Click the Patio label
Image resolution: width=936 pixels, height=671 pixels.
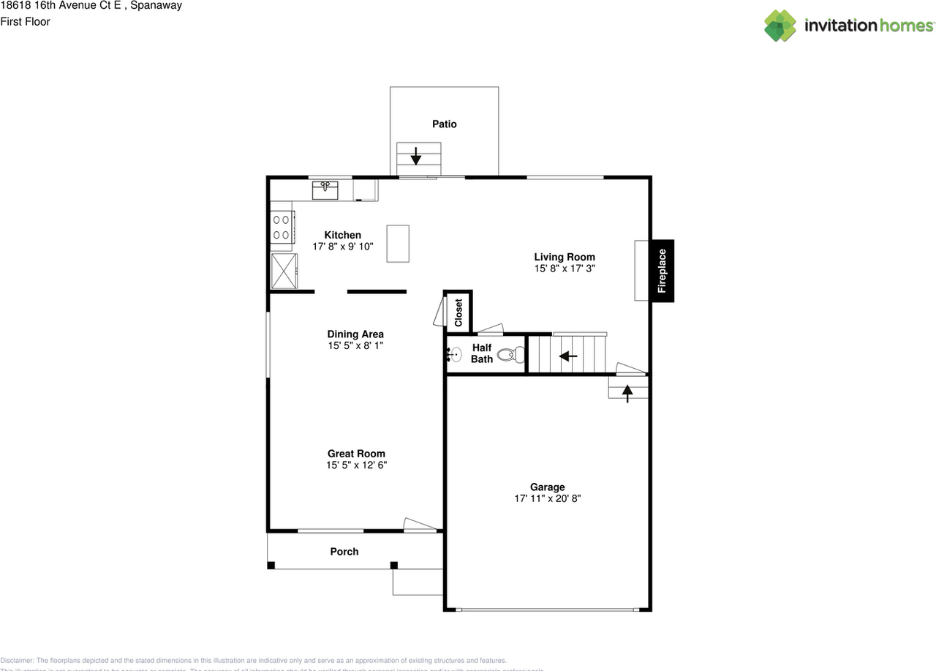(x=444, y=124)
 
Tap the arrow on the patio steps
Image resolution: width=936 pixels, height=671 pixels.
(x=415, y=156)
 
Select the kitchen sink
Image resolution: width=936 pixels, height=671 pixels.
(x=325, y=190)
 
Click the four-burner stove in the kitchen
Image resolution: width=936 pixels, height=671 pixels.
(x=282, y=226)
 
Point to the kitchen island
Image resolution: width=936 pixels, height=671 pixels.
(x=398, y=244)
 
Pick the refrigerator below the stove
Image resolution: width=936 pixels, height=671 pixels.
(x=284, y=271)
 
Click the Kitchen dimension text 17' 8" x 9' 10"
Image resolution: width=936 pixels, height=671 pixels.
(x=343, y=247)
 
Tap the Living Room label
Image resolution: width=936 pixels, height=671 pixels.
(x=564, y=257)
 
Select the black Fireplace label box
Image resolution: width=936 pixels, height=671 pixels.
(x=662, y=271)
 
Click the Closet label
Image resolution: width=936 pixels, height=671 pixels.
(x=459, y=312)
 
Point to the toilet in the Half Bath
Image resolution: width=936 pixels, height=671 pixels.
(x=510, y=355)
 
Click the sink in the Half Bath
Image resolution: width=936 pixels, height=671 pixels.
(x=453, y=355)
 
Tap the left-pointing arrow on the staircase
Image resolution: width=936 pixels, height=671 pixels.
(x=568, y=356)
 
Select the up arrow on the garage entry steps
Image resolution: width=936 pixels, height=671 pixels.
(x=627, y=393)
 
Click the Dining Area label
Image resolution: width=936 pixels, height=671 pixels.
(x=355, y=334)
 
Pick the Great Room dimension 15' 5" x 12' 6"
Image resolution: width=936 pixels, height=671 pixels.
(x=356, y=465)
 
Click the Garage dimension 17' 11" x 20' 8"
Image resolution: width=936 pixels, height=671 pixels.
(x=547, y=498)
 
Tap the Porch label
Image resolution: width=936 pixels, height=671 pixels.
(x=344, y=552)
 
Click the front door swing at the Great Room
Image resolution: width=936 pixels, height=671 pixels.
(x=420, y=524)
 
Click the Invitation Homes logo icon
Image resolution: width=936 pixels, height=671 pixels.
(x=780, y=26)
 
